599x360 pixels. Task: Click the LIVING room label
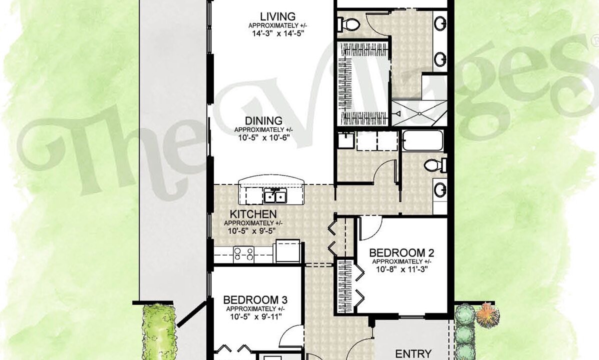click(277, 17)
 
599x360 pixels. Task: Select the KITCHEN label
click(253, 214)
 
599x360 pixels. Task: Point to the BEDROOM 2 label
click(402, 253)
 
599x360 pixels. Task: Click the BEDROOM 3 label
click(255, 300)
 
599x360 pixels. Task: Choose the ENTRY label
click(413, 354)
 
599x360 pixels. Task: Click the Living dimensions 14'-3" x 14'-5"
click(277, 33)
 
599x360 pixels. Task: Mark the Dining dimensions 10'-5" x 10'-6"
click(263, 137)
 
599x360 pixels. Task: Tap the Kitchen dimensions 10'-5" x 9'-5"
click(251, 231)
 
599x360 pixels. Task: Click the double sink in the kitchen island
click(274, 196)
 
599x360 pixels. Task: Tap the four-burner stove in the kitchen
click(243, 254)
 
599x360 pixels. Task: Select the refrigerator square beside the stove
click(287, 251)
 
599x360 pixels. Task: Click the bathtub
click(422, 141)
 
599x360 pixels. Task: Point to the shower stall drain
click(419, 113)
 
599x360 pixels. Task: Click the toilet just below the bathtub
click(435, 165)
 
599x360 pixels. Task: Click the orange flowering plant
click(486, 314)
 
